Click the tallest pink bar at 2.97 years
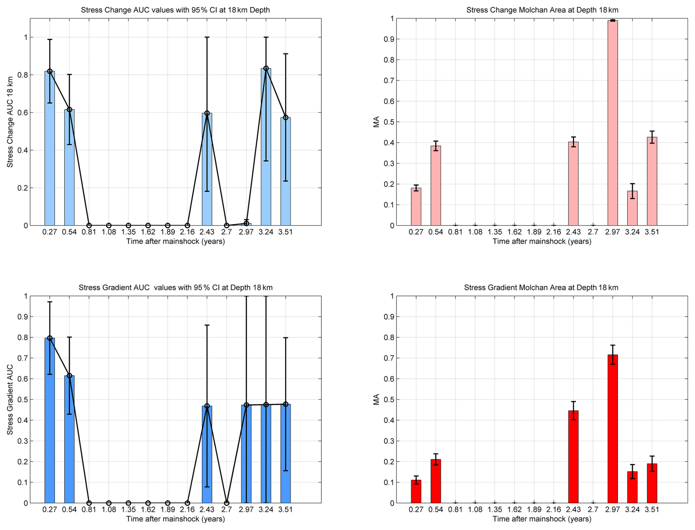pos(612,123)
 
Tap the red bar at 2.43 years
pos(573,457)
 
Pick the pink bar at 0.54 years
pos(436,186)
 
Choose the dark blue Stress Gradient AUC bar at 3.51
pos(285,453)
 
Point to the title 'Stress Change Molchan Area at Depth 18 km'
pos(542,10)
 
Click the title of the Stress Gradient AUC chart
pos(175,287)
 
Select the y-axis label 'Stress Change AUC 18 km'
pos(10,122)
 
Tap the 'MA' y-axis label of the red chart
pos(376,399)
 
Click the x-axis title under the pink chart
pos(542,242)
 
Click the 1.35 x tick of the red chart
pos(494,510)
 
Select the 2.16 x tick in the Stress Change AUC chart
pos(187,232)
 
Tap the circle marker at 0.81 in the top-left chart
pos(89,225)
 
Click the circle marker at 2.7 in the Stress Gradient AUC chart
pos(227,503)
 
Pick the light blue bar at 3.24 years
pos(266,147)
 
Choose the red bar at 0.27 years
pos(416,491)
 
